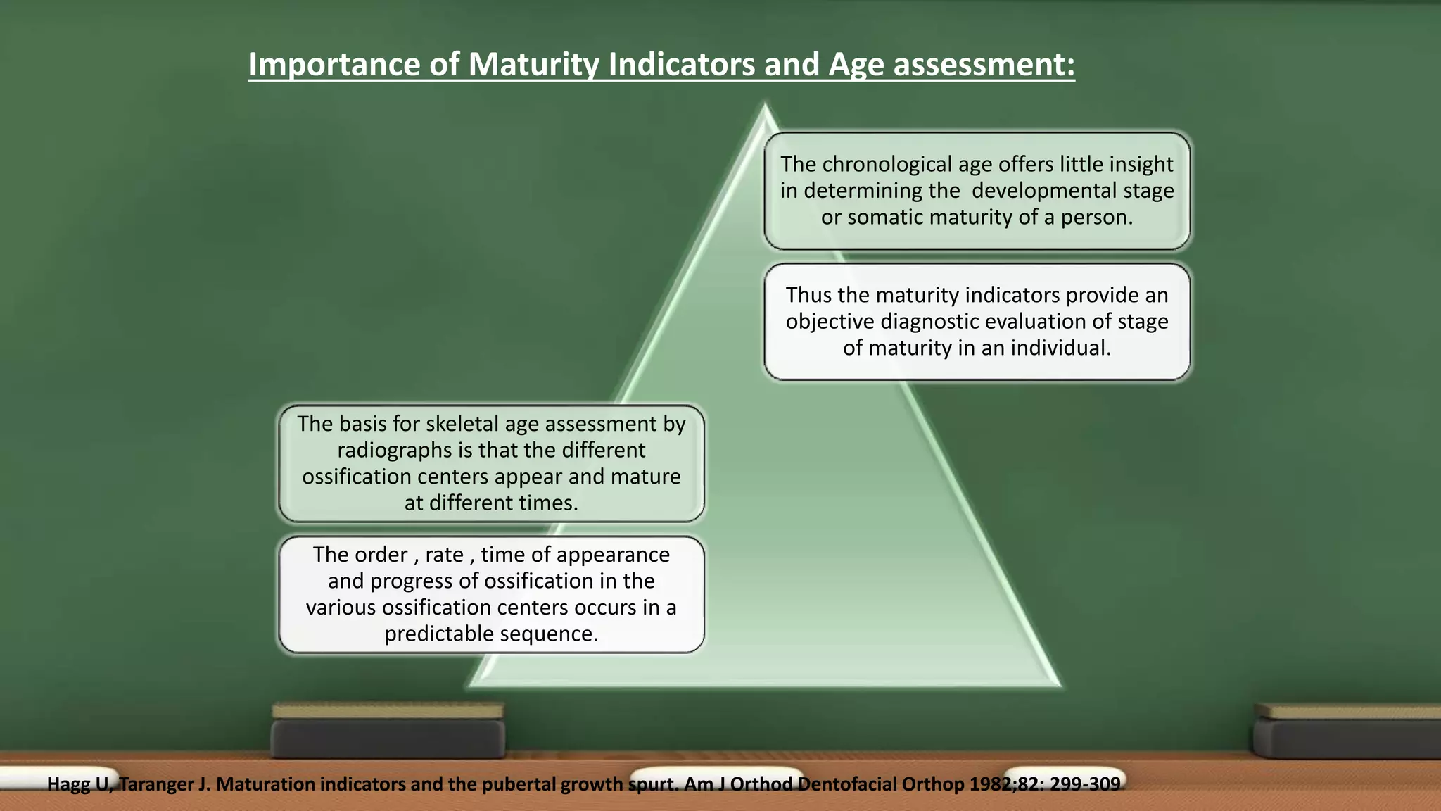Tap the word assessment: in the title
984,65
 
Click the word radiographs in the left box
394,450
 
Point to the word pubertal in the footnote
518,784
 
